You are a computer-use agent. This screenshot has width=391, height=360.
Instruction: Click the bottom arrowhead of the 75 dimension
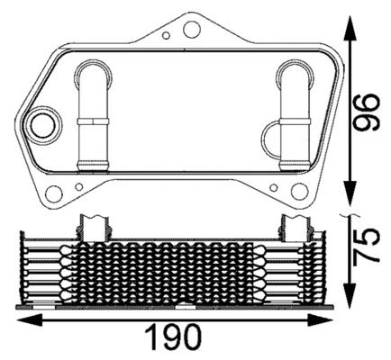pyautogui.click(x=349, y=294)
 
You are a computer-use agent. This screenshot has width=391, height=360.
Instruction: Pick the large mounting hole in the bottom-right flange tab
pyautogui.click(x=300, y=193)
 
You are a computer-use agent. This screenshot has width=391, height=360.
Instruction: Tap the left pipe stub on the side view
pyautogui.click(x=94, y=226)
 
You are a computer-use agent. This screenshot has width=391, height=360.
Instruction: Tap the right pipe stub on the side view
pyautogui.click(x=296, y=226)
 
